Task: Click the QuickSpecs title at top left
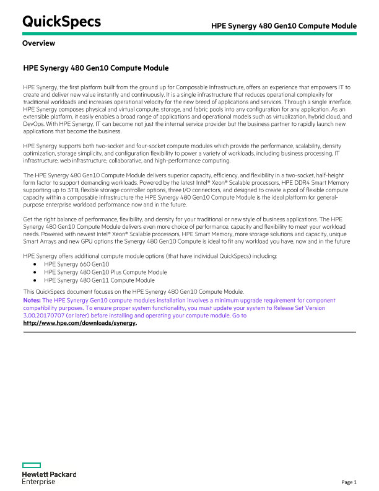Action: (x=61, y=21)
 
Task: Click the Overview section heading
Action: (x=38, y=43)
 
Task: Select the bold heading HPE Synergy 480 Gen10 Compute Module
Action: (x=95, y=68)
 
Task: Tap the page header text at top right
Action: (x=284, y=26)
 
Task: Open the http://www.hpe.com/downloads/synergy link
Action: (x=79, y=323)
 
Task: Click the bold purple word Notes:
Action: (x=32, y=299)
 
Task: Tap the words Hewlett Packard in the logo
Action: (x=49, y=474)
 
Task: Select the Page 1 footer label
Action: (x=349, y=482)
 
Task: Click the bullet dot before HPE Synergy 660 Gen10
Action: (x=37, y=263)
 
